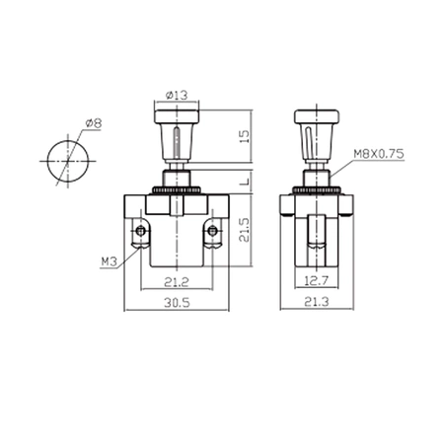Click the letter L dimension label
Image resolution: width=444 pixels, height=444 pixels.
[244, 180]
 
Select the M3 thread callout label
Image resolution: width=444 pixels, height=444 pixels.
[111, 262]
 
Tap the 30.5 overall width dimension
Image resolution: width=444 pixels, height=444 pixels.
[177, 306]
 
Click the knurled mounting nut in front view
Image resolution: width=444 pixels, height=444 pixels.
[177, 185]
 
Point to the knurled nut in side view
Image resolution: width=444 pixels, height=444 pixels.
[317, 185]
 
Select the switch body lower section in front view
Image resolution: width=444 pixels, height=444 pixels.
[177, 252]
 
